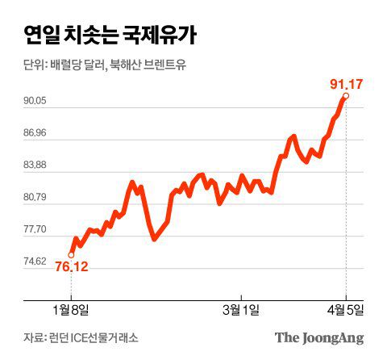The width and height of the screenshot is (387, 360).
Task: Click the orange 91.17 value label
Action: (x=345, y=82)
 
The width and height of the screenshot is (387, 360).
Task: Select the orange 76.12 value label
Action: (x=71, y=267)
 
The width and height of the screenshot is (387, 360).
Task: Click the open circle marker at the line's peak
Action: (x=346, y=97)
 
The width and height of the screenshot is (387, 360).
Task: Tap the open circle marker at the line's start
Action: (x=71, y=255)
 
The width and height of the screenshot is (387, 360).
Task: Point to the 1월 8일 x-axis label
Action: (x=71, y=308)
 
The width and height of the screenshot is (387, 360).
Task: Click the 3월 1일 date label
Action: (x=241, y=308)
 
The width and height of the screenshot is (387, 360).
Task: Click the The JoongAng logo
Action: (x=319, y=337)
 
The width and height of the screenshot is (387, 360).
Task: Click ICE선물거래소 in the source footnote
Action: (x=105, y=337)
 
